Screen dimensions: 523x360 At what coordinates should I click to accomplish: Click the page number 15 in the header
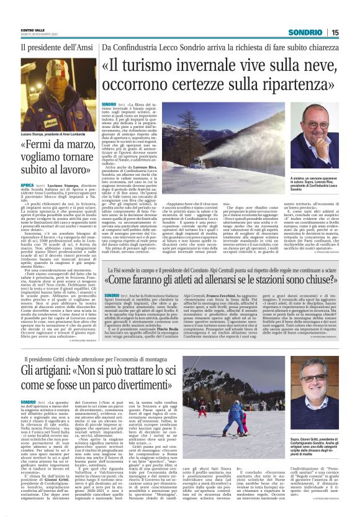click(x=352, y=32)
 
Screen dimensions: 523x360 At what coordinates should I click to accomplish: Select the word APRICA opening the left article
click(x=27, y=185)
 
